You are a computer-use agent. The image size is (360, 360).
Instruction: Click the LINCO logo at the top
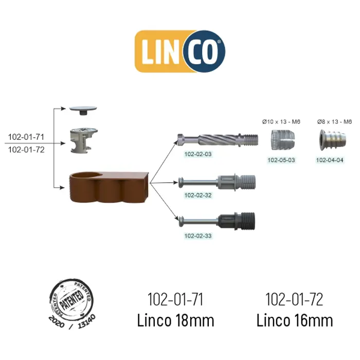[180, 51]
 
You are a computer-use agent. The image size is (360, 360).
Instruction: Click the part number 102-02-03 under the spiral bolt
[198, 154]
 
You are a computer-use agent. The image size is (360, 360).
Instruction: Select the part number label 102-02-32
[198, 195]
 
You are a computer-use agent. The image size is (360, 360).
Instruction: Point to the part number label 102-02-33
[198, 236]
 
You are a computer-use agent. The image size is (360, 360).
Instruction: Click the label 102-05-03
[281, 160]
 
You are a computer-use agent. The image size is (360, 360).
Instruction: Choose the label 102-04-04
[330, 160]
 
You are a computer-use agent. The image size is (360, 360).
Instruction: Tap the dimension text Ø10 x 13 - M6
[281, 122]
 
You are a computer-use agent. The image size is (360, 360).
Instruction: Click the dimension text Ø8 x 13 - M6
[334, 122]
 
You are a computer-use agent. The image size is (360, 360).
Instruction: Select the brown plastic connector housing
[109, 187]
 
